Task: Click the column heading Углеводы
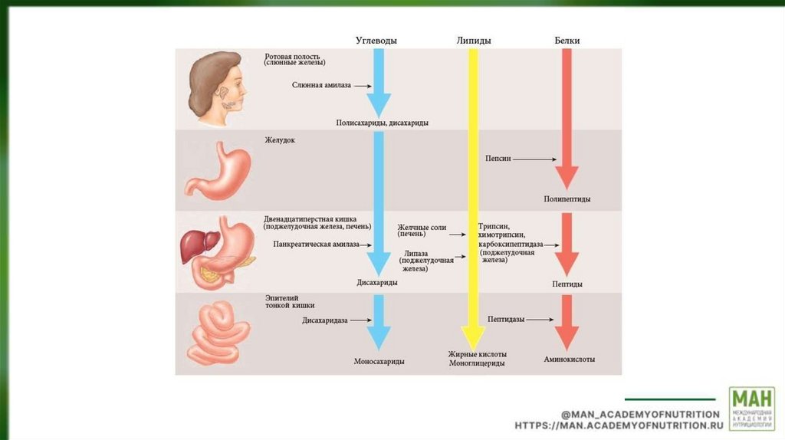pyautogui.click(x=376, y=41)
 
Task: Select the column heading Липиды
pyautogui.click(x=473, y=41)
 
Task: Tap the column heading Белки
pyautogui.click(x=567, y=41)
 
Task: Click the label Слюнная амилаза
pyautogui.click(x=321, y=85)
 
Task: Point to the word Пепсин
pyautogui.click(x=498, y=159)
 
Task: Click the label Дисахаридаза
pyautogui.click(x=325, y=320)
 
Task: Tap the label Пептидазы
pyautogui.click(x=506, y=319)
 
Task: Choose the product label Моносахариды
pyautogui.click(x=379, y=361)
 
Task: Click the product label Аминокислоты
pyautogui.click(x=570, y=359)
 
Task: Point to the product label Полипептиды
pyautogui.click(x=567, y=199)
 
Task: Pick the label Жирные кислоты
pyautogui.click(x=477, y=354)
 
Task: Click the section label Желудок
pyautogui.click(x=280, y=140)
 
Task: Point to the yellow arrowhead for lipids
pyautogui.click(x=472, y=336)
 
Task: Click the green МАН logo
pyautogui.click(x=751, y=408)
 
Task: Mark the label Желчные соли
pyautogui.click(x=422, y=228)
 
